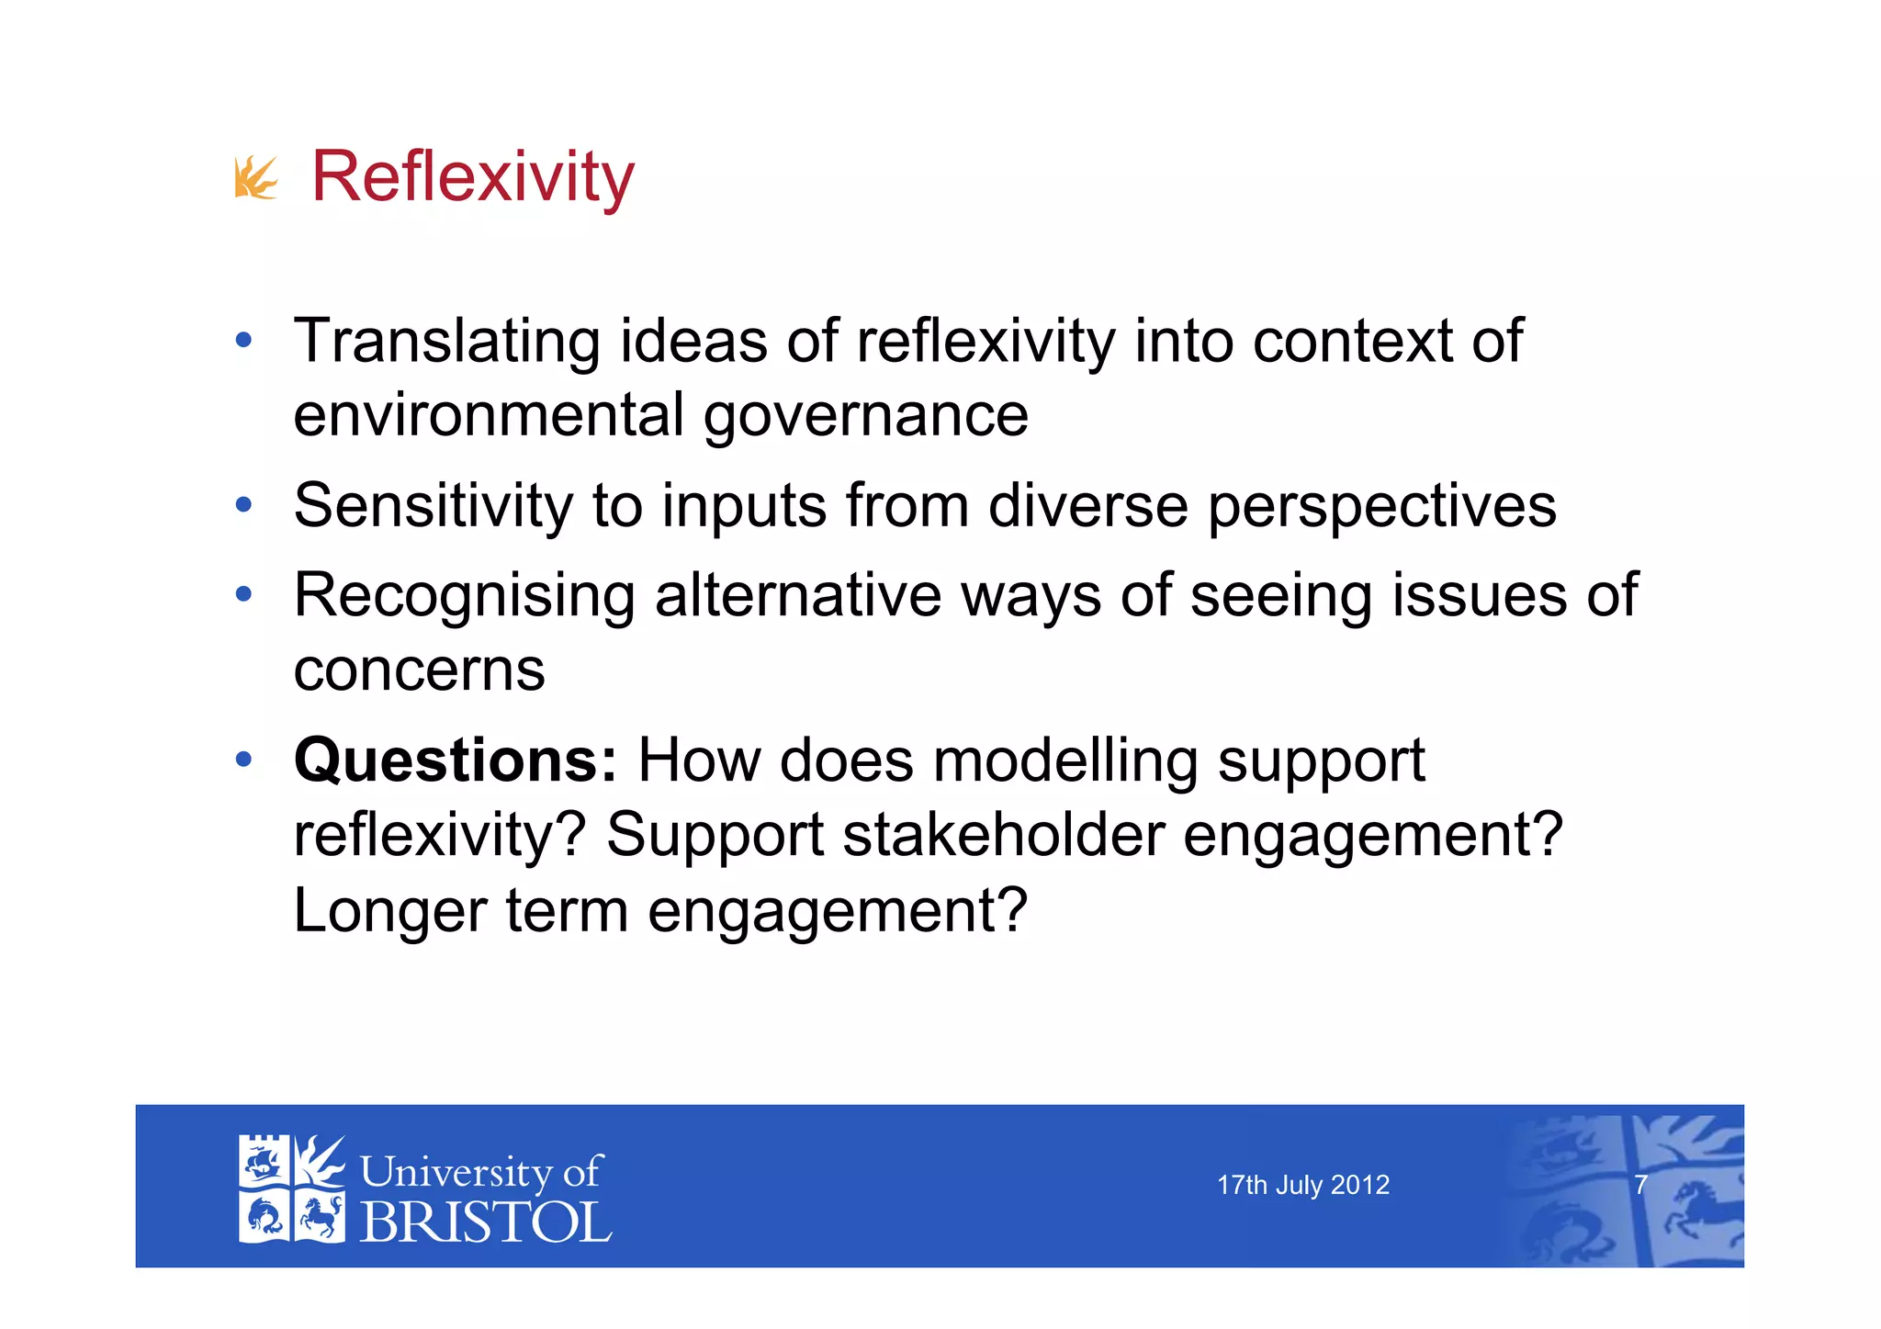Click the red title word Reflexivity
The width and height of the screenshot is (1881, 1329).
(x=472, y=176)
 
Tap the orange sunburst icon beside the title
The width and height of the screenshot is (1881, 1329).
(x=255, y=177)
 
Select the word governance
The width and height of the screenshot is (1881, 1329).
(x=866, y=416)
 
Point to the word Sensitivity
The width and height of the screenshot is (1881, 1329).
(x=433, y=506)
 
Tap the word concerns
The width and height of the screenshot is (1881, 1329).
(x=419, y=670)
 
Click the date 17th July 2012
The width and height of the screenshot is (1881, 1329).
(x=1302, y=1185)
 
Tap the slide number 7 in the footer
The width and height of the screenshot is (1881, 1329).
(x=1640, y=1185)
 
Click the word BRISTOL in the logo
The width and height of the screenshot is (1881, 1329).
(x=486, y=1222)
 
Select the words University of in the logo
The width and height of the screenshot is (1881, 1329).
(x=480, y=1172)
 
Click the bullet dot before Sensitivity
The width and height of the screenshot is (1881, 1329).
(x=243, y=504)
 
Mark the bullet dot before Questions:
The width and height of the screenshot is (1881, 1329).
(x=243, y=760)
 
